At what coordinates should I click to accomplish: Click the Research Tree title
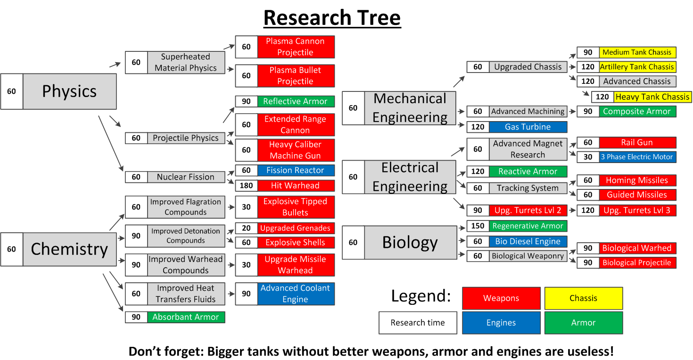[332, 18]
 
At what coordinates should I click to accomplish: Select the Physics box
[69, 91]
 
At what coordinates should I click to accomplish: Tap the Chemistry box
[69, 249]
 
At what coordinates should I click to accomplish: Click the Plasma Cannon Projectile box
[296, 47]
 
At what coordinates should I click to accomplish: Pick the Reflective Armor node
[296, 101]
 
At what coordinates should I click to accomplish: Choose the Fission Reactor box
[296, 170]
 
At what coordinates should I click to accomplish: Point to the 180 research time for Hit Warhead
[246, 186]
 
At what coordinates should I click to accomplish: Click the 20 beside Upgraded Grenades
[246, 228]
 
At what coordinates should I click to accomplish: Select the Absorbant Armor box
[186, 317]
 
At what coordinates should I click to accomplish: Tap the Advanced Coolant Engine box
[296, 294]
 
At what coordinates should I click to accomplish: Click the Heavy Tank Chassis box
[652, 97]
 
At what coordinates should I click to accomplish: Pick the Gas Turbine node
[528, 127]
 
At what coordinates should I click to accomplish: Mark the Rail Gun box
[637, 142]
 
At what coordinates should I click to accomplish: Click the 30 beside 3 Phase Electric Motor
[588, 157]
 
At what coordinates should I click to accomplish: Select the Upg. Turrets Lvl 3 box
[637, 210]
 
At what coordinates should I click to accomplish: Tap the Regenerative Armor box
[528, 226]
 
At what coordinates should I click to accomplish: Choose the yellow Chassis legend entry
[583, 298]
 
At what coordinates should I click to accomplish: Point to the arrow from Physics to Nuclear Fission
[111, 143]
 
